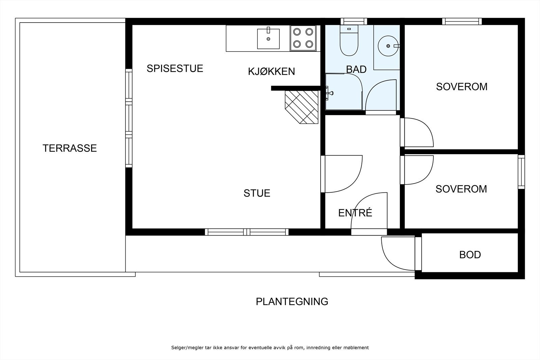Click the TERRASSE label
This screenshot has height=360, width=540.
(x=70, y=148)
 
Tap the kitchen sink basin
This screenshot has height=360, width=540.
(x=268, y=39)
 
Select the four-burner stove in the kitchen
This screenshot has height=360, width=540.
(x=303, y=38)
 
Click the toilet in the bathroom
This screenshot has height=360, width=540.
(x=349, y=42)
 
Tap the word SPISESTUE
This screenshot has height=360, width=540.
(x=175, y=68)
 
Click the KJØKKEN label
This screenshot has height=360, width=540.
(x=271, y=72)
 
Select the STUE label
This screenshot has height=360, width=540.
(x=257, y=193)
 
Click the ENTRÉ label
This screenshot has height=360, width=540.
(x=355, y=213)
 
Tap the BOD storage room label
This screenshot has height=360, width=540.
(x=470, y=255)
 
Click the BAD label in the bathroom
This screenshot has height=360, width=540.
(x=356, y=70)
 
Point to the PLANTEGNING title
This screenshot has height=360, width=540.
(x=292, y=301)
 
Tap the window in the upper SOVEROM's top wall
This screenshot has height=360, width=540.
(x=462, y=21)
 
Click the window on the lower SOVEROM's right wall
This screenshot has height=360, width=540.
(x=521, y=172)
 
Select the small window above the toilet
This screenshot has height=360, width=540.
(x=353, y=21)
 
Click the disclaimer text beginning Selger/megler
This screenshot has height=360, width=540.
(x=270, y=348)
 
